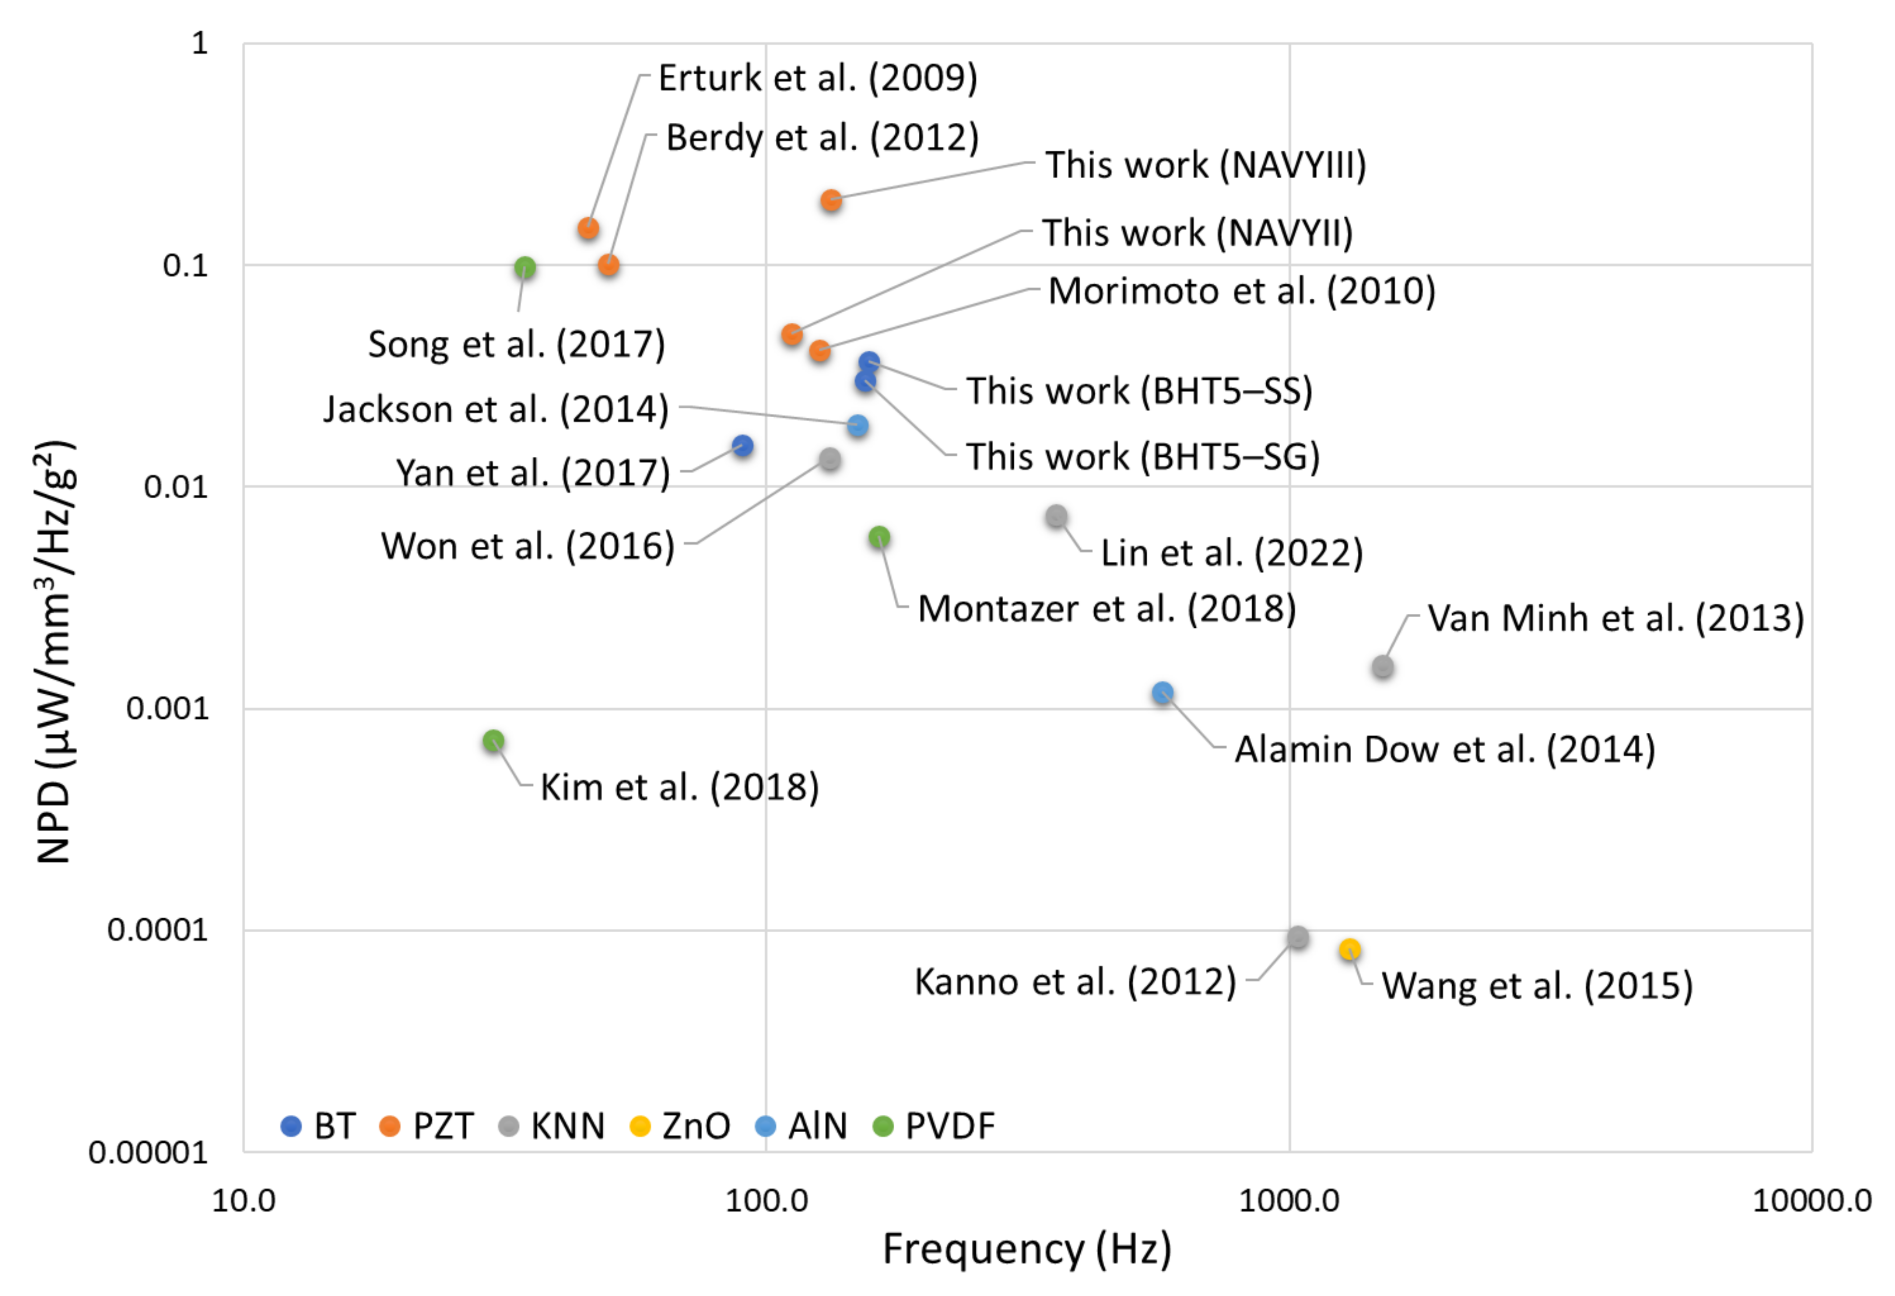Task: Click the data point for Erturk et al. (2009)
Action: coord(588,228)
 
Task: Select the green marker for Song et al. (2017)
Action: coord(525,267)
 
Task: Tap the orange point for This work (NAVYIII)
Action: coord(831,199)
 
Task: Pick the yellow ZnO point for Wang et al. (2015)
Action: coord(1350,950)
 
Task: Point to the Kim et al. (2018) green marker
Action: coord(493,741)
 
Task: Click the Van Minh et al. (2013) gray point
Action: coord(1382,667)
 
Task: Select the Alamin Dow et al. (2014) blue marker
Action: coord(1163,693)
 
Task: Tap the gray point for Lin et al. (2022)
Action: coord(1057,516)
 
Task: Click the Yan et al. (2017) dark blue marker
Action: coord(742,446)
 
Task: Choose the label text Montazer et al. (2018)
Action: coord(1107,609)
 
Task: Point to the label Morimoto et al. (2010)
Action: coord(1241,291)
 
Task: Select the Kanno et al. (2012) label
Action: coord(1075,981)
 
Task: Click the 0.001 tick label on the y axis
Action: coord(167,708)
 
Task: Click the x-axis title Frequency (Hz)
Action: coord(1027,1249)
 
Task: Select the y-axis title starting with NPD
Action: coord(55,652)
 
